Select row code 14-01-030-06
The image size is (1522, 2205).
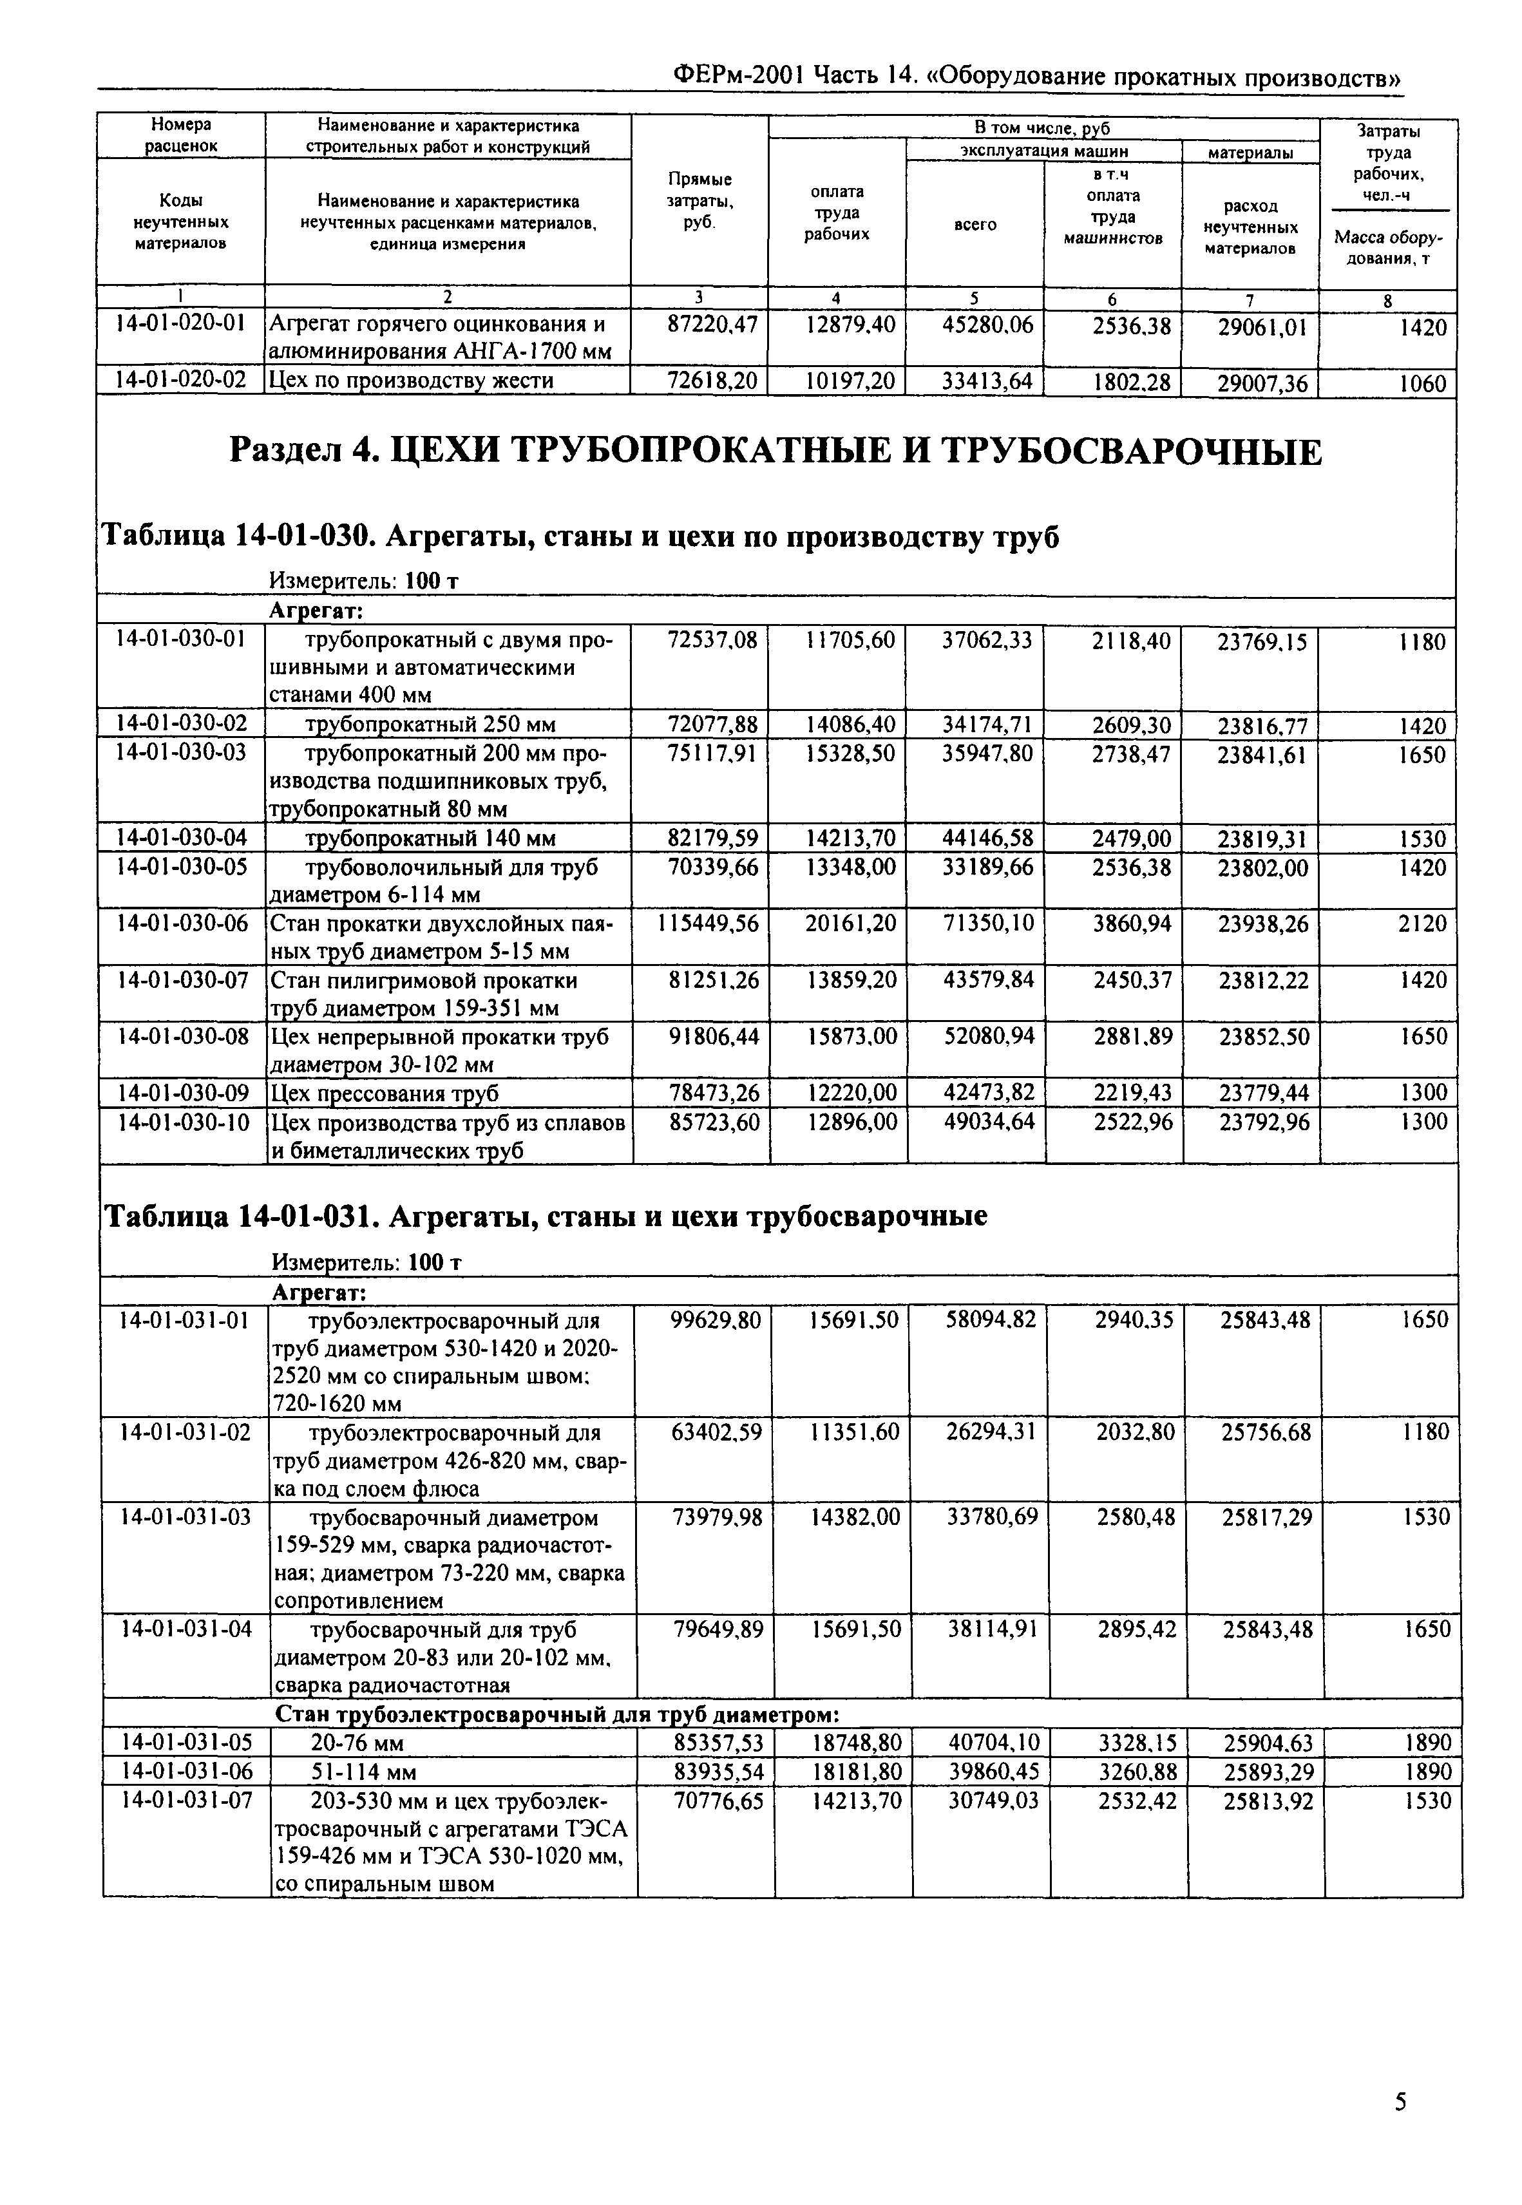(x=181, y=923)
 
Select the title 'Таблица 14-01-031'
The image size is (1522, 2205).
(x=544, y=1216)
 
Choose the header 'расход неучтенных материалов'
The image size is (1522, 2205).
(x=1250, y=227)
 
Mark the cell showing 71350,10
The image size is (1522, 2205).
(x=988, y=923)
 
